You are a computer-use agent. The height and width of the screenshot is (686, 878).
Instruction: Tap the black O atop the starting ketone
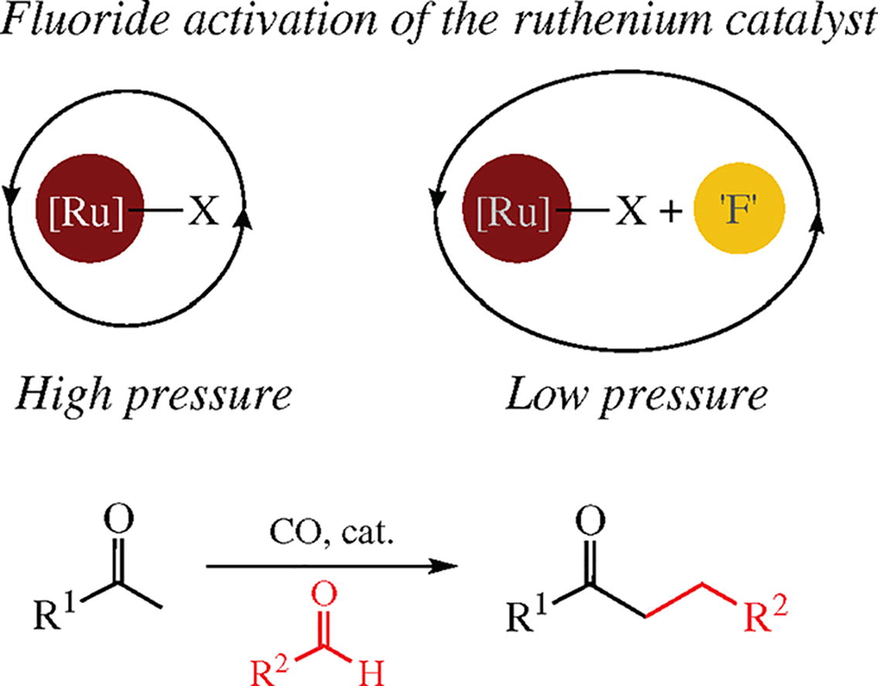tap(118, 517)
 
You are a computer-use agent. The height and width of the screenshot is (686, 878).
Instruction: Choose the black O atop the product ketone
tap(591, 517)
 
